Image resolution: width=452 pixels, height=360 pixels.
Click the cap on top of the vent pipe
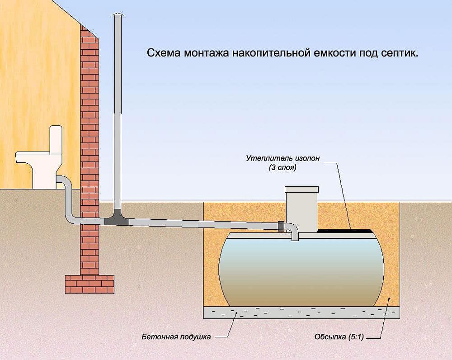click(x=118, y=17)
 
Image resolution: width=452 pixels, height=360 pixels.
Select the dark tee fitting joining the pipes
click(x=117, y=220)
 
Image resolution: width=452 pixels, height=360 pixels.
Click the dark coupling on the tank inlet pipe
click(x=281, y=226)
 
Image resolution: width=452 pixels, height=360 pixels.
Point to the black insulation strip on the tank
click(x=345, y=231)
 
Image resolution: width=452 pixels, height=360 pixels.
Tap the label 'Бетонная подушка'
click(x=176, y=337)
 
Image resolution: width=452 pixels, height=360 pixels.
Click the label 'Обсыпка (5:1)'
click(x=339, y=337)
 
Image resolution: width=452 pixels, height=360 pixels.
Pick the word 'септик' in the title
click(x=401, y=53)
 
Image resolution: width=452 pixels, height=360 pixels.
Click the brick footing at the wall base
click(x=89, y=284)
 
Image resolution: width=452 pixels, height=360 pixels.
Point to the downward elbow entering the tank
click(x=294, y=232)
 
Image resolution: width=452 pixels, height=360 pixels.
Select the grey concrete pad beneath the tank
click(x=301, y=312)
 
